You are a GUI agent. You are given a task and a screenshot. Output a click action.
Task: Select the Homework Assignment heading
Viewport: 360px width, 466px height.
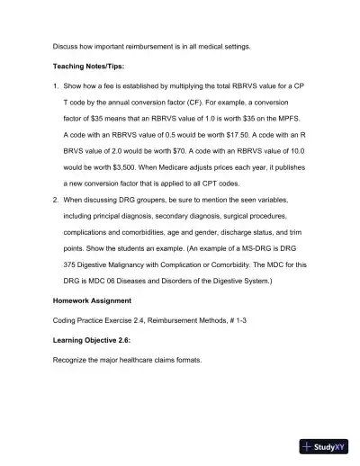[91, 299]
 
